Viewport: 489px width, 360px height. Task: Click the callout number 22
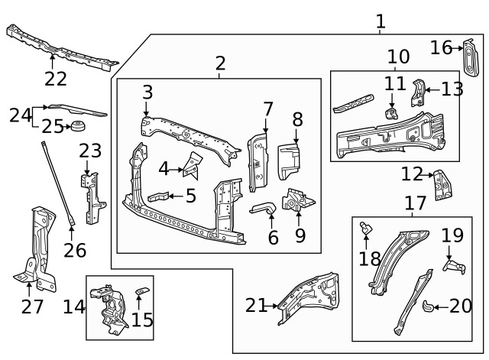click(x=55, y=78)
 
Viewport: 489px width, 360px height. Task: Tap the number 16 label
click(x=441, y=48)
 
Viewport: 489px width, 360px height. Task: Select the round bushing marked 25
click(x=77, y=126)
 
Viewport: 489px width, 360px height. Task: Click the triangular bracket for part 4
click(x=192, y=165)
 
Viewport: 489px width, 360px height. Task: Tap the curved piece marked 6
click(x=262, y=207)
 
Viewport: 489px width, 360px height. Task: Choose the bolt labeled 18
click(x=366, y=227)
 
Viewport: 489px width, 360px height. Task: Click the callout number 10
click(x=398, y=57)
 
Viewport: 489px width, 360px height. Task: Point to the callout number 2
click(x=220, y=63)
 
